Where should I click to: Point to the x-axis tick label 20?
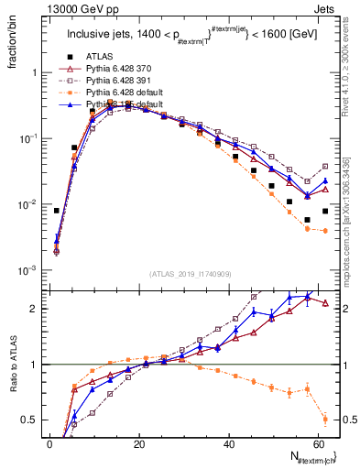pos(139,444)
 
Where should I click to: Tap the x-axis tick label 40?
pos(229,444)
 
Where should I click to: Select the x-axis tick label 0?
pos(50,444)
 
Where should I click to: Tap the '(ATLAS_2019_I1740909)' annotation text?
pos(189,274)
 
